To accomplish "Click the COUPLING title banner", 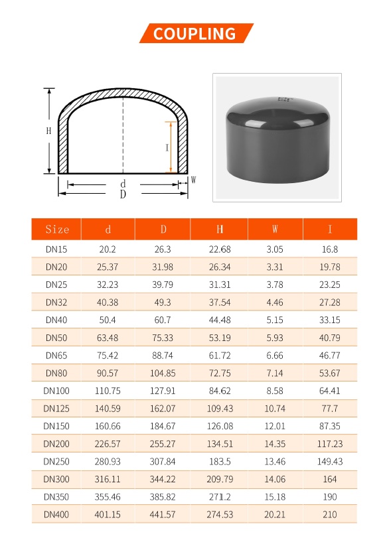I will point(194,33).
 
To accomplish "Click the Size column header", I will point(57,230).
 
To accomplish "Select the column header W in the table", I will point(275,230).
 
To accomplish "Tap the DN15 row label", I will point(56,249).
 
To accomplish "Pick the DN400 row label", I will point(56,514).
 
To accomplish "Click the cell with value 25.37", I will point(108,267).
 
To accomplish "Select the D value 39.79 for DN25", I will point(163,285).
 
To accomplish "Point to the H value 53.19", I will point(220,338).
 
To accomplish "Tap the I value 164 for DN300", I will point(330,479).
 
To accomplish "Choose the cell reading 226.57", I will point(108,444).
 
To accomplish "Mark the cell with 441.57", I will point(163,514).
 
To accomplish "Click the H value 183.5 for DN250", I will point(220,461).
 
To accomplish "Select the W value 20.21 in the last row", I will point(275,514).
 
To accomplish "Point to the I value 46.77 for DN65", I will point(330,356).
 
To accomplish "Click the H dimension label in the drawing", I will point(48,131).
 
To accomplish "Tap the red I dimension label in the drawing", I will point(167,148).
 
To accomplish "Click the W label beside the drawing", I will point(194,180).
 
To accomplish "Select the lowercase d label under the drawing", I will point(123,183).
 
